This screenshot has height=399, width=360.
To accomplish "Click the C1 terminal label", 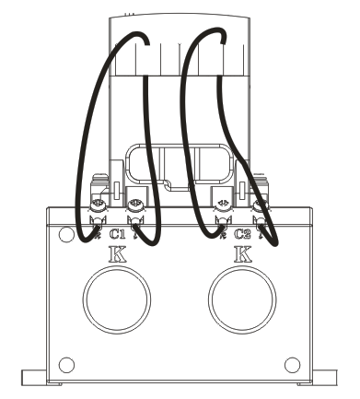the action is (x=118, y=234).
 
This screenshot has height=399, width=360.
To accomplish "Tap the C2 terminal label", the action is (x=242, y=234).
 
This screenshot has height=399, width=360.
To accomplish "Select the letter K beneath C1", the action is (x=117, y=254).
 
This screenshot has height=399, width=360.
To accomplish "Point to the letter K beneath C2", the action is (x=243, y=254).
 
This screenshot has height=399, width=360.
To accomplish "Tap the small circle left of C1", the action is (x=66, y=234).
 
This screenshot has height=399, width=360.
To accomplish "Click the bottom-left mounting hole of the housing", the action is (x=66, y=365).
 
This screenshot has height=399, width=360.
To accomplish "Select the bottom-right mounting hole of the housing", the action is (x=292, y=365).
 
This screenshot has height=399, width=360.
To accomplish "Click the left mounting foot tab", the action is (x=34, y=377).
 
